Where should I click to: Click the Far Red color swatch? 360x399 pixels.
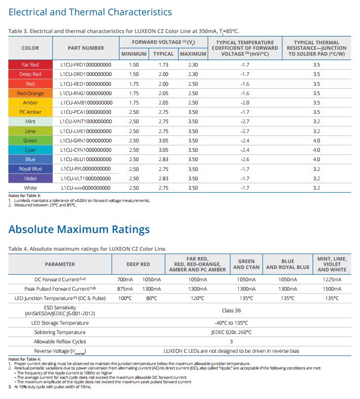pyautogui.click(x=30, y=65)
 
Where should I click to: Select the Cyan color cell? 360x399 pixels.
pyautogui.click(x=30, y=150)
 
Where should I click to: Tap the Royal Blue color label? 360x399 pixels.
pyautogui.click(x=30, y=168)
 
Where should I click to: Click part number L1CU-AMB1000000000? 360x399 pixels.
pyautogui.click(x=86, y=102)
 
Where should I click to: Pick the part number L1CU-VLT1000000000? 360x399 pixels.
pyautogui.click(x=86, y=178)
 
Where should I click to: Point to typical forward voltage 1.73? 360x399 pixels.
pyautogui.click(x=164, y=65)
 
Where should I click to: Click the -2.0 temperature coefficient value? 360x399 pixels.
pyautogui.click(x=245, y=102)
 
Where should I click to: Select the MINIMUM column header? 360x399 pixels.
pyautogui.click(x=134, y=54)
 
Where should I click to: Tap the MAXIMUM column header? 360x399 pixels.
pyautogui.click(x=193, y=54)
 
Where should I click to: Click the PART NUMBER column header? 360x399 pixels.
pyautogui.click(x=86, y=48)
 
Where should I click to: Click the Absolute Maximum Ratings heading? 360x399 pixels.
pyautogui.click(x=79, y=229)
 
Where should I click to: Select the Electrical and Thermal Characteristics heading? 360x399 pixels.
pyautogui.click(x=90, y=12)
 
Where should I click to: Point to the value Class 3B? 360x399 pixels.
pyautogui.click(x=231, y=310)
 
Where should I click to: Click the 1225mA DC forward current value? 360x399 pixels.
pyautogui.click(x=332, y=279)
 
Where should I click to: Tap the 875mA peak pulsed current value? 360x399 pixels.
pyautogui.click(x=125, y=289)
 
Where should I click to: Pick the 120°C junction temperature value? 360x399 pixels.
pyautogui.click(x=197, y=298)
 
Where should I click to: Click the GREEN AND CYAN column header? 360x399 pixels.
pyautogui.click(x=246, y=264)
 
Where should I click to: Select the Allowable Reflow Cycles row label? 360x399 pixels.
pyautogui.click(x=60, y=341)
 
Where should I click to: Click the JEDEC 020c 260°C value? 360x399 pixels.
pyautogui.click(x=231, y=332)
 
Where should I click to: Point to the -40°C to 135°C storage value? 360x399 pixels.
pyautogui.click(x=231, y=323)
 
